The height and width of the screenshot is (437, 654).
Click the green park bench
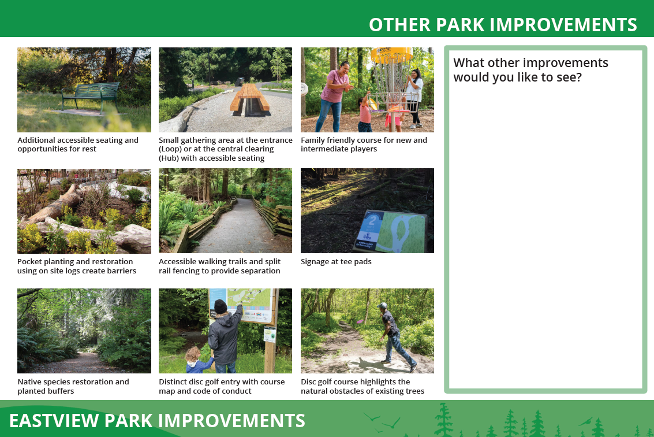[x=91, y=97]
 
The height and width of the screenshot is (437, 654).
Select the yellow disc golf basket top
[x=391, y=55]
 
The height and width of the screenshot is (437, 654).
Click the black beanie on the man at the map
[x=221, y=306]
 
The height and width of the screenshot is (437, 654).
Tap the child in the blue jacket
[x=198, y=360]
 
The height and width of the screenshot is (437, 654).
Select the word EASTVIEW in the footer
[x=54, y=421]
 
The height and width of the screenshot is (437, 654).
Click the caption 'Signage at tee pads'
[x=336, y=261]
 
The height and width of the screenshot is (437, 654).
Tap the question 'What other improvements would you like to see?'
[x=530, y=70]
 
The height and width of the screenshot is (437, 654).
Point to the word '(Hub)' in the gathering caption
[x=169, y=158]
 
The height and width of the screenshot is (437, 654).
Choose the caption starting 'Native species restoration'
[x=73, y=387]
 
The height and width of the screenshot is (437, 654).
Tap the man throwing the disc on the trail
[x=395, y=337]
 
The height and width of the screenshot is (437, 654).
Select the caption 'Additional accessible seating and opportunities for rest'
[x=78, y=145]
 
